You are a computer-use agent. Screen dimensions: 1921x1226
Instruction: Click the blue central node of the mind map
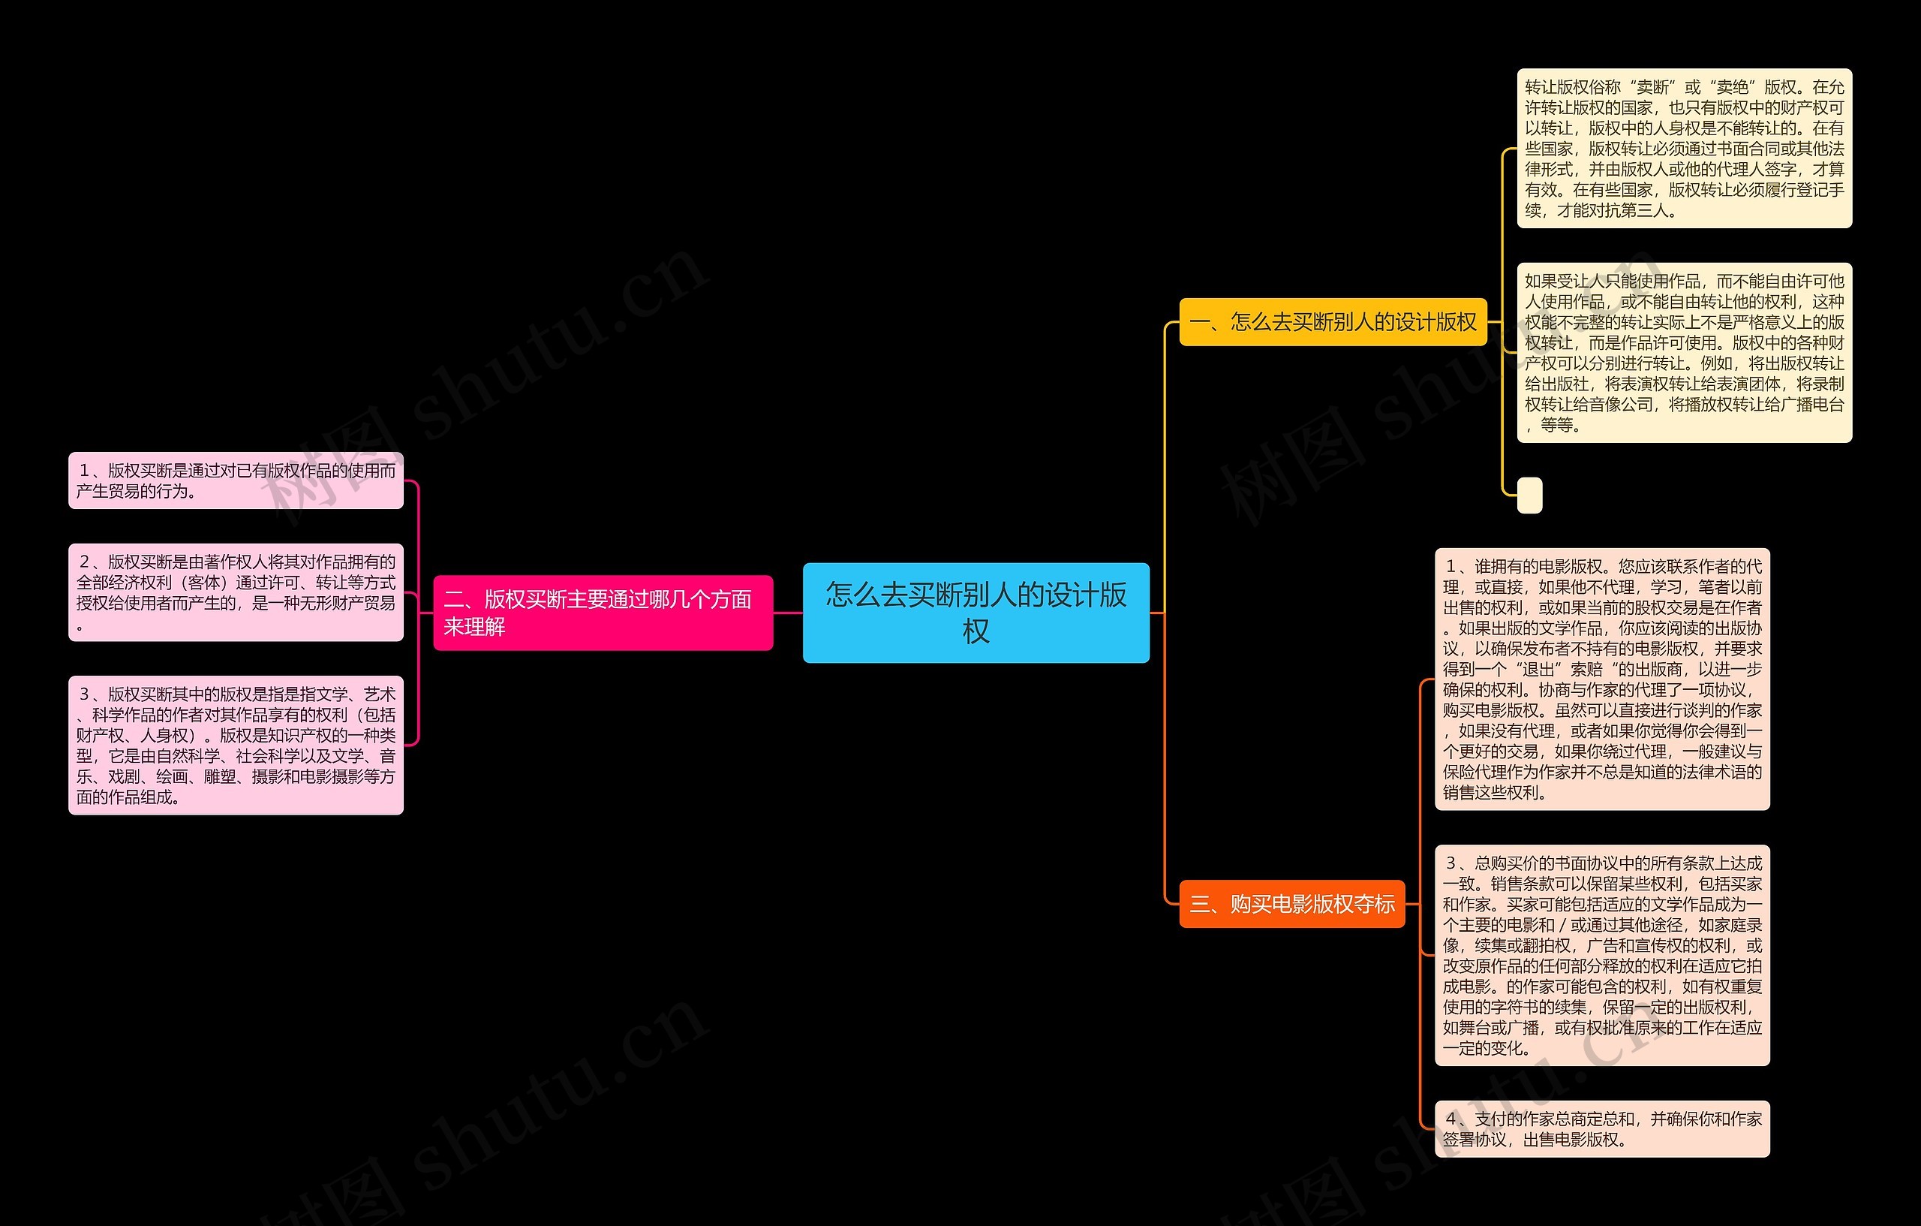[975, 612]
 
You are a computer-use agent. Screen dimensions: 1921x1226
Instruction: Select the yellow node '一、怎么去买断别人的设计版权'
[1333, 321]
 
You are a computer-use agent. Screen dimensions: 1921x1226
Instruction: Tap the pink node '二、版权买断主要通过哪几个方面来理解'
[603, 612]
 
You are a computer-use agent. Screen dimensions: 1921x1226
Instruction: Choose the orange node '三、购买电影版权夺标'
[1291, 903]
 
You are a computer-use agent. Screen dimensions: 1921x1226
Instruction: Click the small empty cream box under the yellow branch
[1529, 495]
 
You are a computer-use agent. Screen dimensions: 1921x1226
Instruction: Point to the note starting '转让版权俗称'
[1683, 149]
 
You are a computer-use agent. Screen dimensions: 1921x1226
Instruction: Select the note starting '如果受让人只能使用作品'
[1683, 352]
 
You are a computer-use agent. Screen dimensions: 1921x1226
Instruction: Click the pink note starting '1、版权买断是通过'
[236, 480]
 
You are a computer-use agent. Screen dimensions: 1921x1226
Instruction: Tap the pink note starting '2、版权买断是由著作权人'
[236, 592]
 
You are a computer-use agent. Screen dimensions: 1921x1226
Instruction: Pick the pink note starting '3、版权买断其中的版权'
[236, 745]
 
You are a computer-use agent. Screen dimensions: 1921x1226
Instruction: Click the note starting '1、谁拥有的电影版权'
[1602, 679]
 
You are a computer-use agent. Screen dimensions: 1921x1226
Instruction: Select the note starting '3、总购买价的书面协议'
[1602, 955]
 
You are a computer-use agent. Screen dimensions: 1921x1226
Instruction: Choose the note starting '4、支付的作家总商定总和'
[1602, 1128]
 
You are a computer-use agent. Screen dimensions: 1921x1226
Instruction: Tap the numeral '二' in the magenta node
[455, 599]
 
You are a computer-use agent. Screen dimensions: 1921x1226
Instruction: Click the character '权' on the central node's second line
[976, 631]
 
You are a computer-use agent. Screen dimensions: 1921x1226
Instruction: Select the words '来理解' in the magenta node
[475, 627]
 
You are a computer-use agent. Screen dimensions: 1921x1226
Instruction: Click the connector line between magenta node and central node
[787, 613]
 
